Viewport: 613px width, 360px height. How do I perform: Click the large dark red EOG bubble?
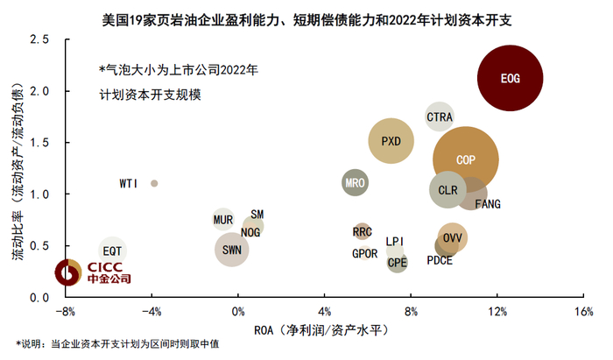(511, 79)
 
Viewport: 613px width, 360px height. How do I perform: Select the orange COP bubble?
(465, 160)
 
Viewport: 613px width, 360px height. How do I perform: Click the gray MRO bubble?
(355, 183)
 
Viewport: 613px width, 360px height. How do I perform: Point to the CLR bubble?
(447, 190)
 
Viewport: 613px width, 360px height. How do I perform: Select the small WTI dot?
(154, 183)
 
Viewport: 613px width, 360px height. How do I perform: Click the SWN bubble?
(232, 250)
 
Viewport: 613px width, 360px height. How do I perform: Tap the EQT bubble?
(112, 251)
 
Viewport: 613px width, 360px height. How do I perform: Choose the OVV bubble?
(452, 237)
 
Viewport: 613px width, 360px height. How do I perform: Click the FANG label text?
(487, 204)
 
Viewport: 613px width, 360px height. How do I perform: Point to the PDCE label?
(440, 261)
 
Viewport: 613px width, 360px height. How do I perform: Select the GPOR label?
(364, 253)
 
